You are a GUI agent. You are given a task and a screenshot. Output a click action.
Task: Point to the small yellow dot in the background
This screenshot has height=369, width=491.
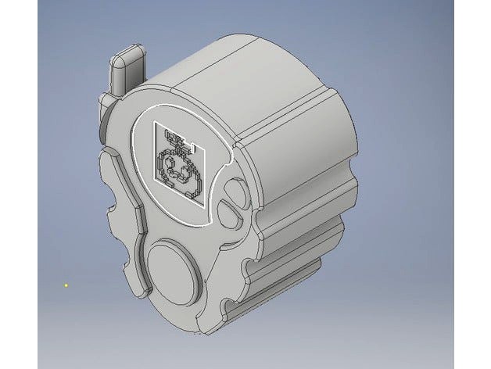66,285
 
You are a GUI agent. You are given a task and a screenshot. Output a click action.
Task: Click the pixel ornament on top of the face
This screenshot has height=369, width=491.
179,141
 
